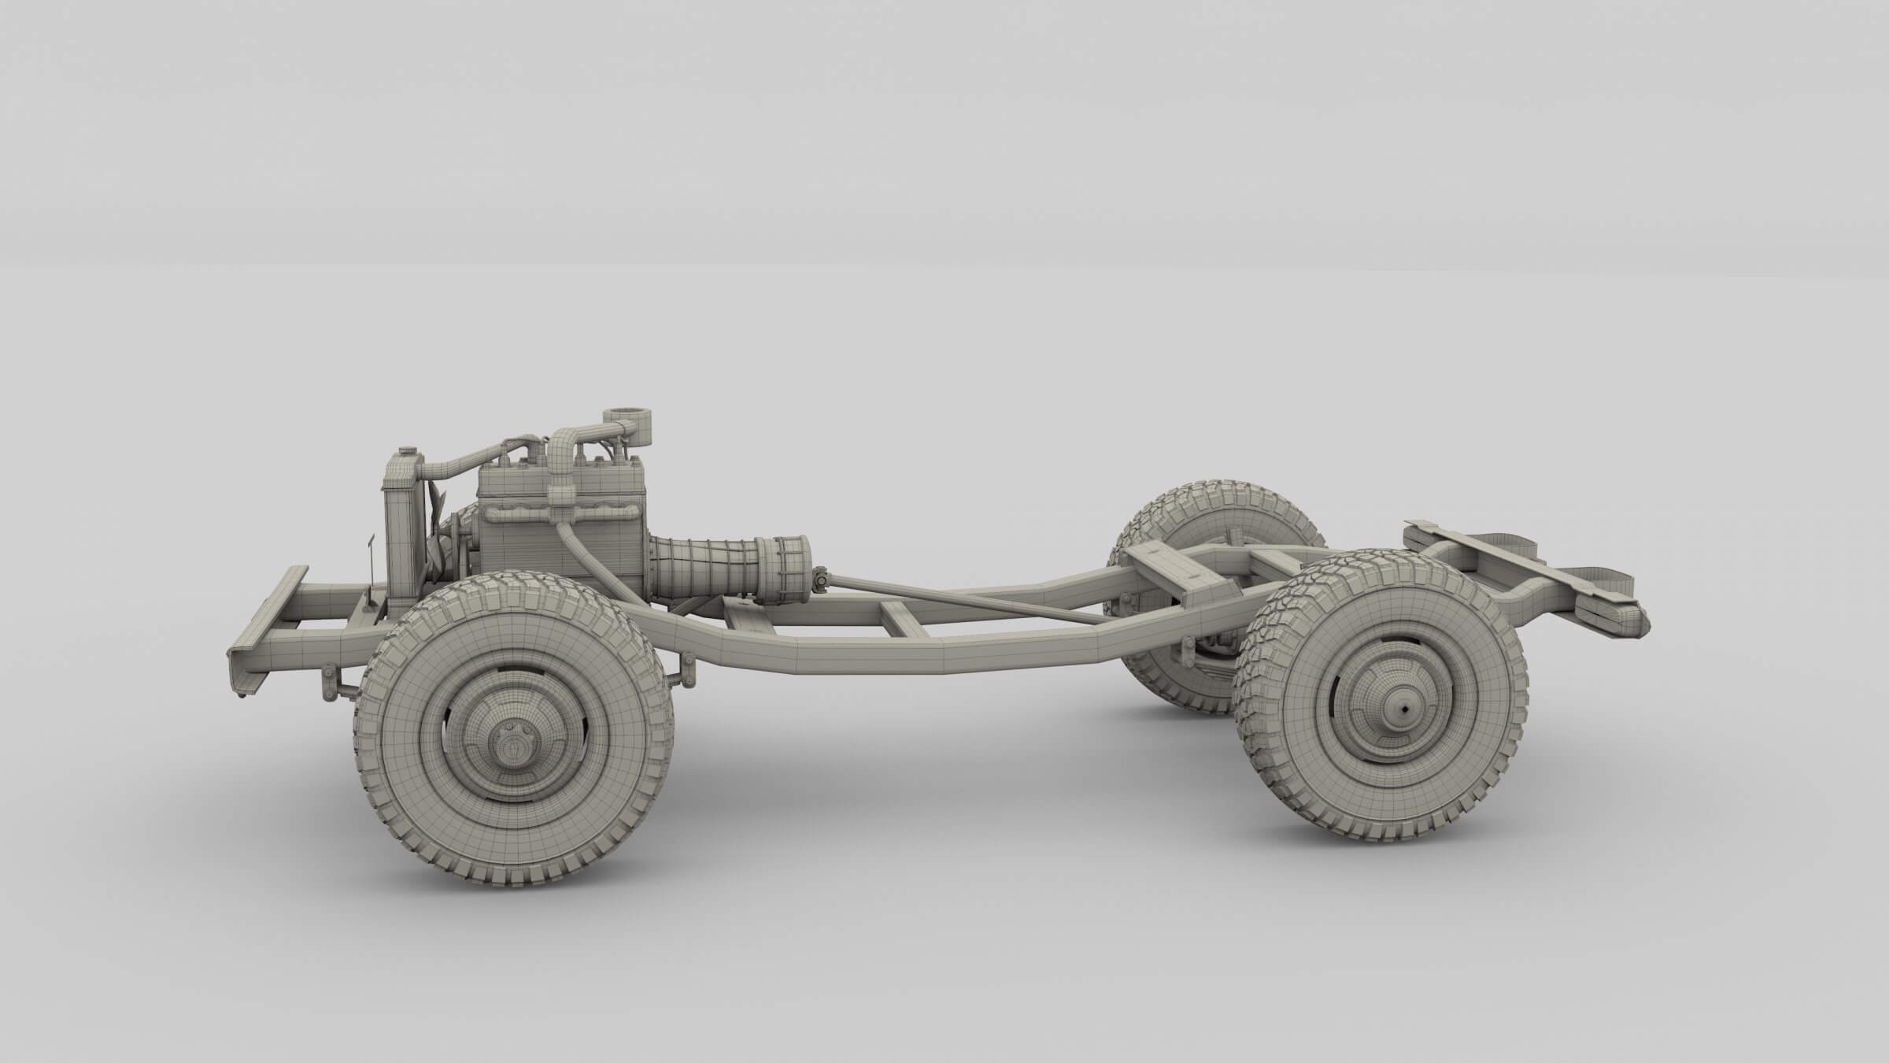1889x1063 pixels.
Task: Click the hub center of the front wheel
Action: coord(512,741)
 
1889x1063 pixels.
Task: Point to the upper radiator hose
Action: coord(457,466)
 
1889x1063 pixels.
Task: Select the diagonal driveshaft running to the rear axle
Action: coord(976,603)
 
